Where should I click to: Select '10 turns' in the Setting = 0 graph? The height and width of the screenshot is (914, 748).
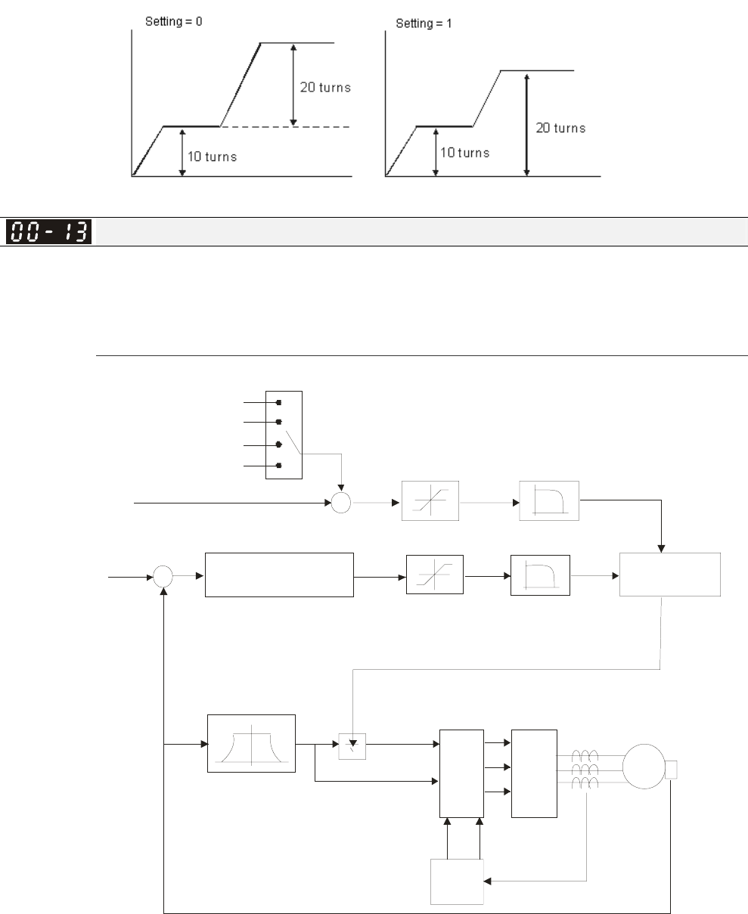coord(212,157)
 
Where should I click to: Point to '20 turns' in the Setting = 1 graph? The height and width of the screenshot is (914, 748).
coord(560,129)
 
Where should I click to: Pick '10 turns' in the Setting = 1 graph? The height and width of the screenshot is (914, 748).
coord(464,153)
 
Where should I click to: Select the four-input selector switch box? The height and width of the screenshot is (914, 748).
coord(284,435)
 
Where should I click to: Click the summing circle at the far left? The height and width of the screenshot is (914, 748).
coord(163,578)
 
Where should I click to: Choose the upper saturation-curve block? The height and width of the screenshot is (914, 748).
coord(430,500)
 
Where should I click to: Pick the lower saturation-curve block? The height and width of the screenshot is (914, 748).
coord(434,575)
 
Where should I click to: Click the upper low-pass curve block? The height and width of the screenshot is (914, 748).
coord(548,500)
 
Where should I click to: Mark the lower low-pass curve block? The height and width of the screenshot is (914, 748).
coord(541,575)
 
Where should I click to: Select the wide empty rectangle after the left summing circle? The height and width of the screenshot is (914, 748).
coord(279,575)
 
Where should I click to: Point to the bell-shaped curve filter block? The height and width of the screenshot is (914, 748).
coord(251,743)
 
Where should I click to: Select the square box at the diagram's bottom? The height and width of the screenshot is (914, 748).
coord(457,881)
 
